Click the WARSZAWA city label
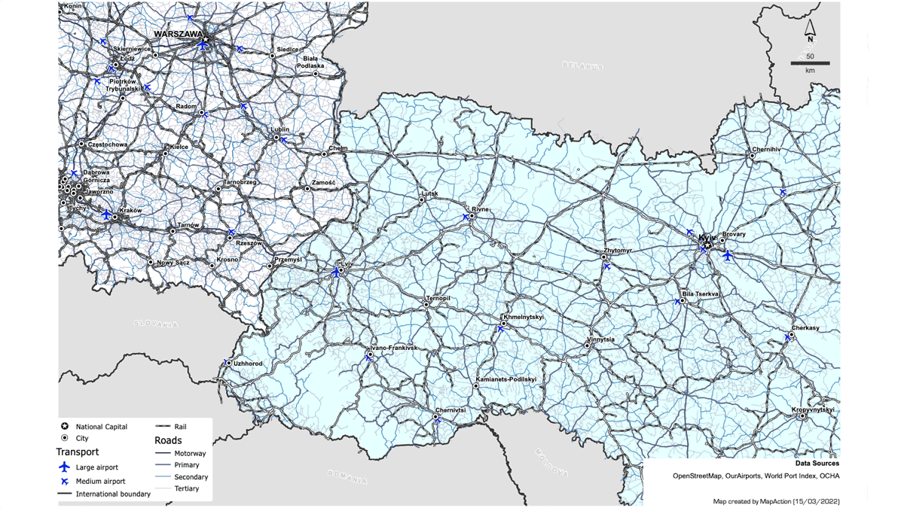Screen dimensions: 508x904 coord(178,34)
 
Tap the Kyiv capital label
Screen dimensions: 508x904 coord(707,238)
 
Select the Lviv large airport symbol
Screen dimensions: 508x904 coord(336,272)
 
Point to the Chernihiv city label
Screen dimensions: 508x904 coord(766,150)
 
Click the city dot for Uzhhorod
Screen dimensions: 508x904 coord(229,364)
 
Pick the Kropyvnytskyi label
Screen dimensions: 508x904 coord(813,409)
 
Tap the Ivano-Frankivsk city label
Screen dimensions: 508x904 coord(393,348)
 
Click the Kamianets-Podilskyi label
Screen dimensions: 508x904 coord(506,379)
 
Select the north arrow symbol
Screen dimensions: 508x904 coord(810,30)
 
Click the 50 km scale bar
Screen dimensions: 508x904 coord(810,63)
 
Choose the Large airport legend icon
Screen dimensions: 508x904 coord(65,467)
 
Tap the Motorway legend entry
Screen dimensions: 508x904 coord(190,454)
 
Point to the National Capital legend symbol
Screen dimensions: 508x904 coord(65,426)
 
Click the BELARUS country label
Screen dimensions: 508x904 coord(583,66)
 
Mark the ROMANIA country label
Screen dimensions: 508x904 coord(348,477)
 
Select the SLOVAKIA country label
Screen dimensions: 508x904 coord(156,324)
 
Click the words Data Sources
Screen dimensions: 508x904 coord(817,464)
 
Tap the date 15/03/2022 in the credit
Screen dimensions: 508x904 coord(817,501)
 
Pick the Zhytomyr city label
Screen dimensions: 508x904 coord(618,250)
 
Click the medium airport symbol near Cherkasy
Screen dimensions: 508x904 coord(788,338)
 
